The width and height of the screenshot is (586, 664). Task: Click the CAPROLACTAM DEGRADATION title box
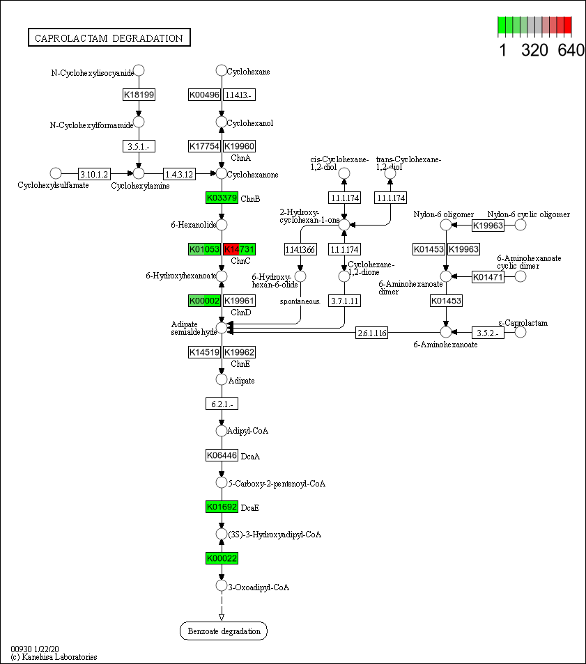(x=109, y=38)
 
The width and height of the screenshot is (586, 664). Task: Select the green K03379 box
(x=222, y=198)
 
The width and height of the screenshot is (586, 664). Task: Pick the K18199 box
(x=139, y=95)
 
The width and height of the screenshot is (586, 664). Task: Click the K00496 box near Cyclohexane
(x=204, y=95)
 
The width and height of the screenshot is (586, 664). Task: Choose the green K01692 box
(x=222, y=507)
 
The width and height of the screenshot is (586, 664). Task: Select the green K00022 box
(x=222, y=558)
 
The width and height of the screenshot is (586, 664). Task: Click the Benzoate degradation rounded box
(x=223, y=631)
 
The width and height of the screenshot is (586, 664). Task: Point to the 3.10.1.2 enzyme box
(x=93, y=173)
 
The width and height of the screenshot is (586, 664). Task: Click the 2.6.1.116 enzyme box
(x=371, y=333)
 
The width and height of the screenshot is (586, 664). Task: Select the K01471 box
(x=488, y=277)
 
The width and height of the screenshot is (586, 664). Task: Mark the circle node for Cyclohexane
(x=221, y=70)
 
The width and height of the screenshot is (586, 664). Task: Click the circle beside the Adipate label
(x=222, y=380)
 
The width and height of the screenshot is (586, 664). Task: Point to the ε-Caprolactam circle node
(x=520, y=332)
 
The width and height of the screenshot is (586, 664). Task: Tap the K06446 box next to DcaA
(x=222, y=455)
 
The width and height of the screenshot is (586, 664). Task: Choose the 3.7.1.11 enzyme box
(x=344, y=301)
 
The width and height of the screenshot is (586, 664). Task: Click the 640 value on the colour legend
(x=571, y=50)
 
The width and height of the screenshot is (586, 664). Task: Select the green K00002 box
(x=205, y=301)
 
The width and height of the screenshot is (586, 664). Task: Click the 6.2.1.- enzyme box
(x=222, y=404)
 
